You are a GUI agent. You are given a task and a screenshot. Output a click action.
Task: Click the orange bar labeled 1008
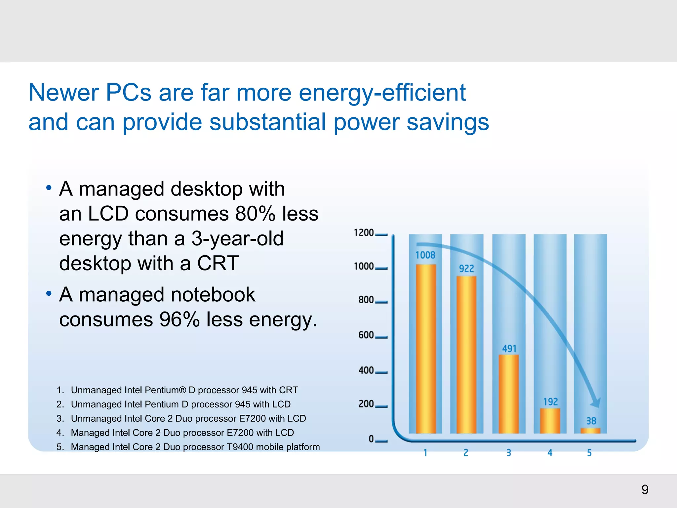(x=426, y=349)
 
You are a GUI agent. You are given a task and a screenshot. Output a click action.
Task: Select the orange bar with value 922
(x=466, y=355)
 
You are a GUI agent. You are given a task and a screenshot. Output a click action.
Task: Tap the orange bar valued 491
(x=509, y=394)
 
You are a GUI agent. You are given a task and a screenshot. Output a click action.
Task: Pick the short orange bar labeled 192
(x=550, y=421)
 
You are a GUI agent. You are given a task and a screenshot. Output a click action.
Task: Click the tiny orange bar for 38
(x=590, y=431)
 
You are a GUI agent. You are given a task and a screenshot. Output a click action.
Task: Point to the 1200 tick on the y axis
(x=364, y=233)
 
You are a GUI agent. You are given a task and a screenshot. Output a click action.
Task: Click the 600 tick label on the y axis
(x=366, y=335)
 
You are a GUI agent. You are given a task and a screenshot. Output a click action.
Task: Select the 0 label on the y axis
(x=371, y=439)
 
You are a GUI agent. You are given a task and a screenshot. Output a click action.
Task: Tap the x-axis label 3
(x=509, y=452)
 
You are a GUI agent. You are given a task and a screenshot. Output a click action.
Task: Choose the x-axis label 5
(x=589, y=452)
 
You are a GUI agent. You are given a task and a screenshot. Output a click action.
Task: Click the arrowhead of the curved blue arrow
(x=596, y=403)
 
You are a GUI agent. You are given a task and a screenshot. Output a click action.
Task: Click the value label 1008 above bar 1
(x=425, y=255)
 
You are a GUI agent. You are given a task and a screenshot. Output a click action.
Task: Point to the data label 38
(x=591, y=421)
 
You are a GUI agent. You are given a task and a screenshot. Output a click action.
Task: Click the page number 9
(x=645, y=489)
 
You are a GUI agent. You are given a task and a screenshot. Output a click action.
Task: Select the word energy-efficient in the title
(x=382, y=93)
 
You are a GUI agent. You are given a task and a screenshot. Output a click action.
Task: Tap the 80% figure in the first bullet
(x=255, y=214)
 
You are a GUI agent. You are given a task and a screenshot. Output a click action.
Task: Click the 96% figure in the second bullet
(x=179, y=319)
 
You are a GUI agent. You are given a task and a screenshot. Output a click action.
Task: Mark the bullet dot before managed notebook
(x=49, y=293)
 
